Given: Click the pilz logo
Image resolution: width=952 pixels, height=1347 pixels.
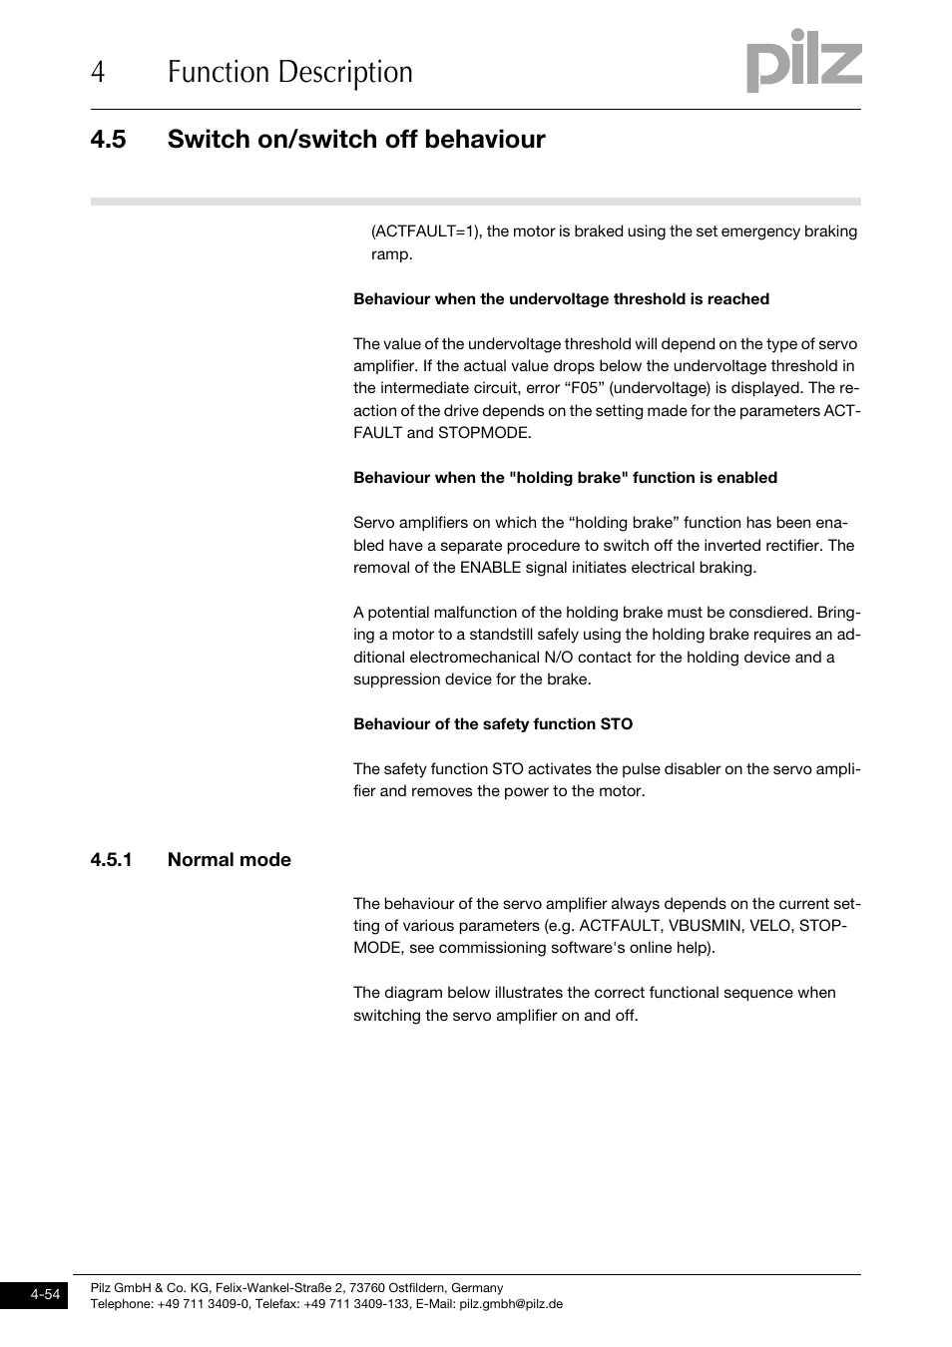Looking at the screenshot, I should coord(804,61).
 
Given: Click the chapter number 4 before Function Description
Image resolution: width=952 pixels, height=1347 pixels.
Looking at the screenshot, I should coord(97,72).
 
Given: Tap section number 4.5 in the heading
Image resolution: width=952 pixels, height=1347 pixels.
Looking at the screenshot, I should coord(108,140).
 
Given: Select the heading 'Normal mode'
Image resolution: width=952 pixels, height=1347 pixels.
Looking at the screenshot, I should coord(230,860).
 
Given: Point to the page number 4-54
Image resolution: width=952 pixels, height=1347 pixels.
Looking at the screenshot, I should coord(45,1295).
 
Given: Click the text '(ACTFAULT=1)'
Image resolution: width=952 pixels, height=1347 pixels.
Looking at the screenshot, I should coord(426,231).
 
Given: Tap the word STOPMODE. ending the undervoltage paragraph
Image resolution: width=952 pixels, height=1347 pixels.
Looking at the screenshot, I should coord(485,433).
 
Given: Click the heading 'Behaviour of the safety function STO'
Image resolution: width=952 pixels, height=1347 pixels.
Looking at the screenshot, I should coord(493,724).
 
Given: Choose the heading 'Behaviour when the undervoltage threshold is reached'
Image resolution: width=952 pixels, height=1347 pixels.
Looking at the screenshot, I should coord(561,299).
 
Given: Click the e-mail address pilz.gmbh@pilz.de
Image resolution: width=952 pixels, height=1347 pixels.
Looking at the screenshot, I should coord(511,1304).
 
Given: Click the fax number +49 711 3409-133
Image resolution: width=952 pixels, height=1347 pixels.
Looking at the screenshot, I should coord(357,1304).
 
